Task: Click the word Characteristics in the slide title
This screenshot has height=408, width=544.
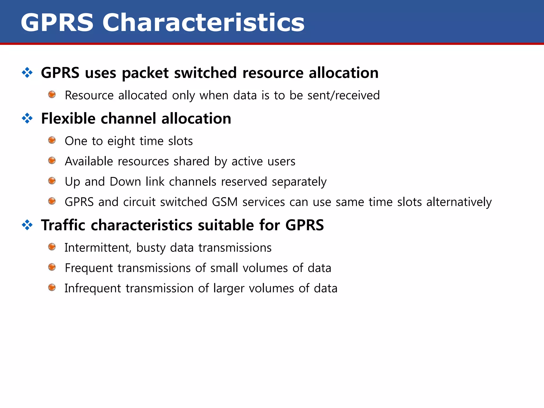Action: point(203,23)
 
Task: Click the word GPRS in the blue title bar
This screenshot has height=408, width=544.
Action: point(57,23)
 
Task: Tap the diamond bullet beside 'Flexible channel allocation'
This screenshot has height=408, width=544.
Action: point(27,118)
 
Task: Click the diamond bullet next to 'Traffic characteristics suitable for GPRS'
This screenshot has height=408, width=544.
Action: point(27,225)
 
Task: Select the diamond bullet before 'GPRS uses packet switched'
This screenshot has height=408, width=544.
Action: point(27,73)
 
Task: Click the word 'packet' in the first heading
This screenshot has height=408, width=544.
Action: point(145,73)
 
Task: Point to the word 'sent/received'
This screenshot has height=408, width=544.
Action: point(343,95)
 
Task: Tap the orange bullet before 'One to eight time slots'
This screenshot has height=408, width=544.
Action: point(52,140)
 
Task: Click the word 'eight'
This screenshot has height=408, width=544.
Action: point(121,141)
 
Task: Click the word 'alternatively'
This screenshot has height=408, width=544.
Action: point(459,202)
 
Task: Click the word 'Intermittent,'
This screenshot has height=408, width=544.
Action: point(98,248)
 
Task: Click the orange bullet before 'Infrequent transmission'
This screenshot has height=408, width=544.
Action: point(52,287)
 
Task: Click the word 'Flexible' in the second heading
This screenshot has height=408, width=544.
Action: point(68,118)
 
